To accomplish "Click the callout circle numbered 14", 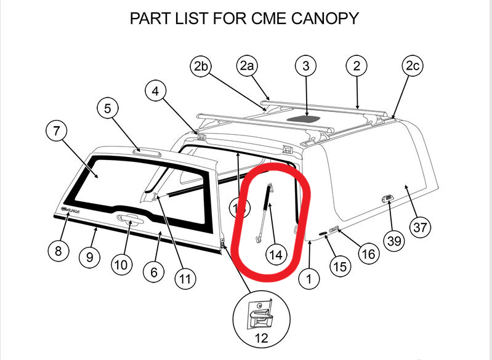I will click(x=276, y=254).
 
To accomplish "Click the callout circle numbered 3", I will click(x=306, y=66).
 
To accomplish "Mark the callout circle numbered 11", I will click(x=183, y=279).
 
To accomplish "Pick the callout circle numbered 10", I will click(x=121, y=265).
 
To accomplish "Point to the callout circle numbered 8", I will click(x=58, y=251).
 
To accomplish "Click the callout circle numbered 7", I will click(x=57, y=132).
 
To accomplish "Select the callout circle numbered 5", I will click(x=108, y=109).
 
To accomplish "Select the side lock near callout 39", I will click(x=385, y=197).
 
